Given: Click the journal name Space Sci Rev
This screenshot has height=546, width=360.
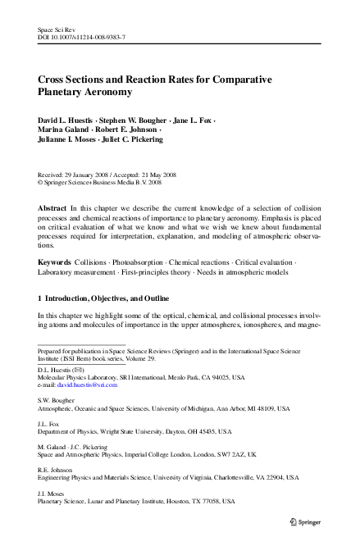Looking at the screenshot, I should point(55,29).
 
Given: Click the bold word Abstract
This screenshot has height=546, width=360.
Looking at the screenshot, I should point(52,209).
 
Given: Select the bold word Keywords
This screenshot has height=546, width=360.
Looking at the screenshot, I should point(55,262).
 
